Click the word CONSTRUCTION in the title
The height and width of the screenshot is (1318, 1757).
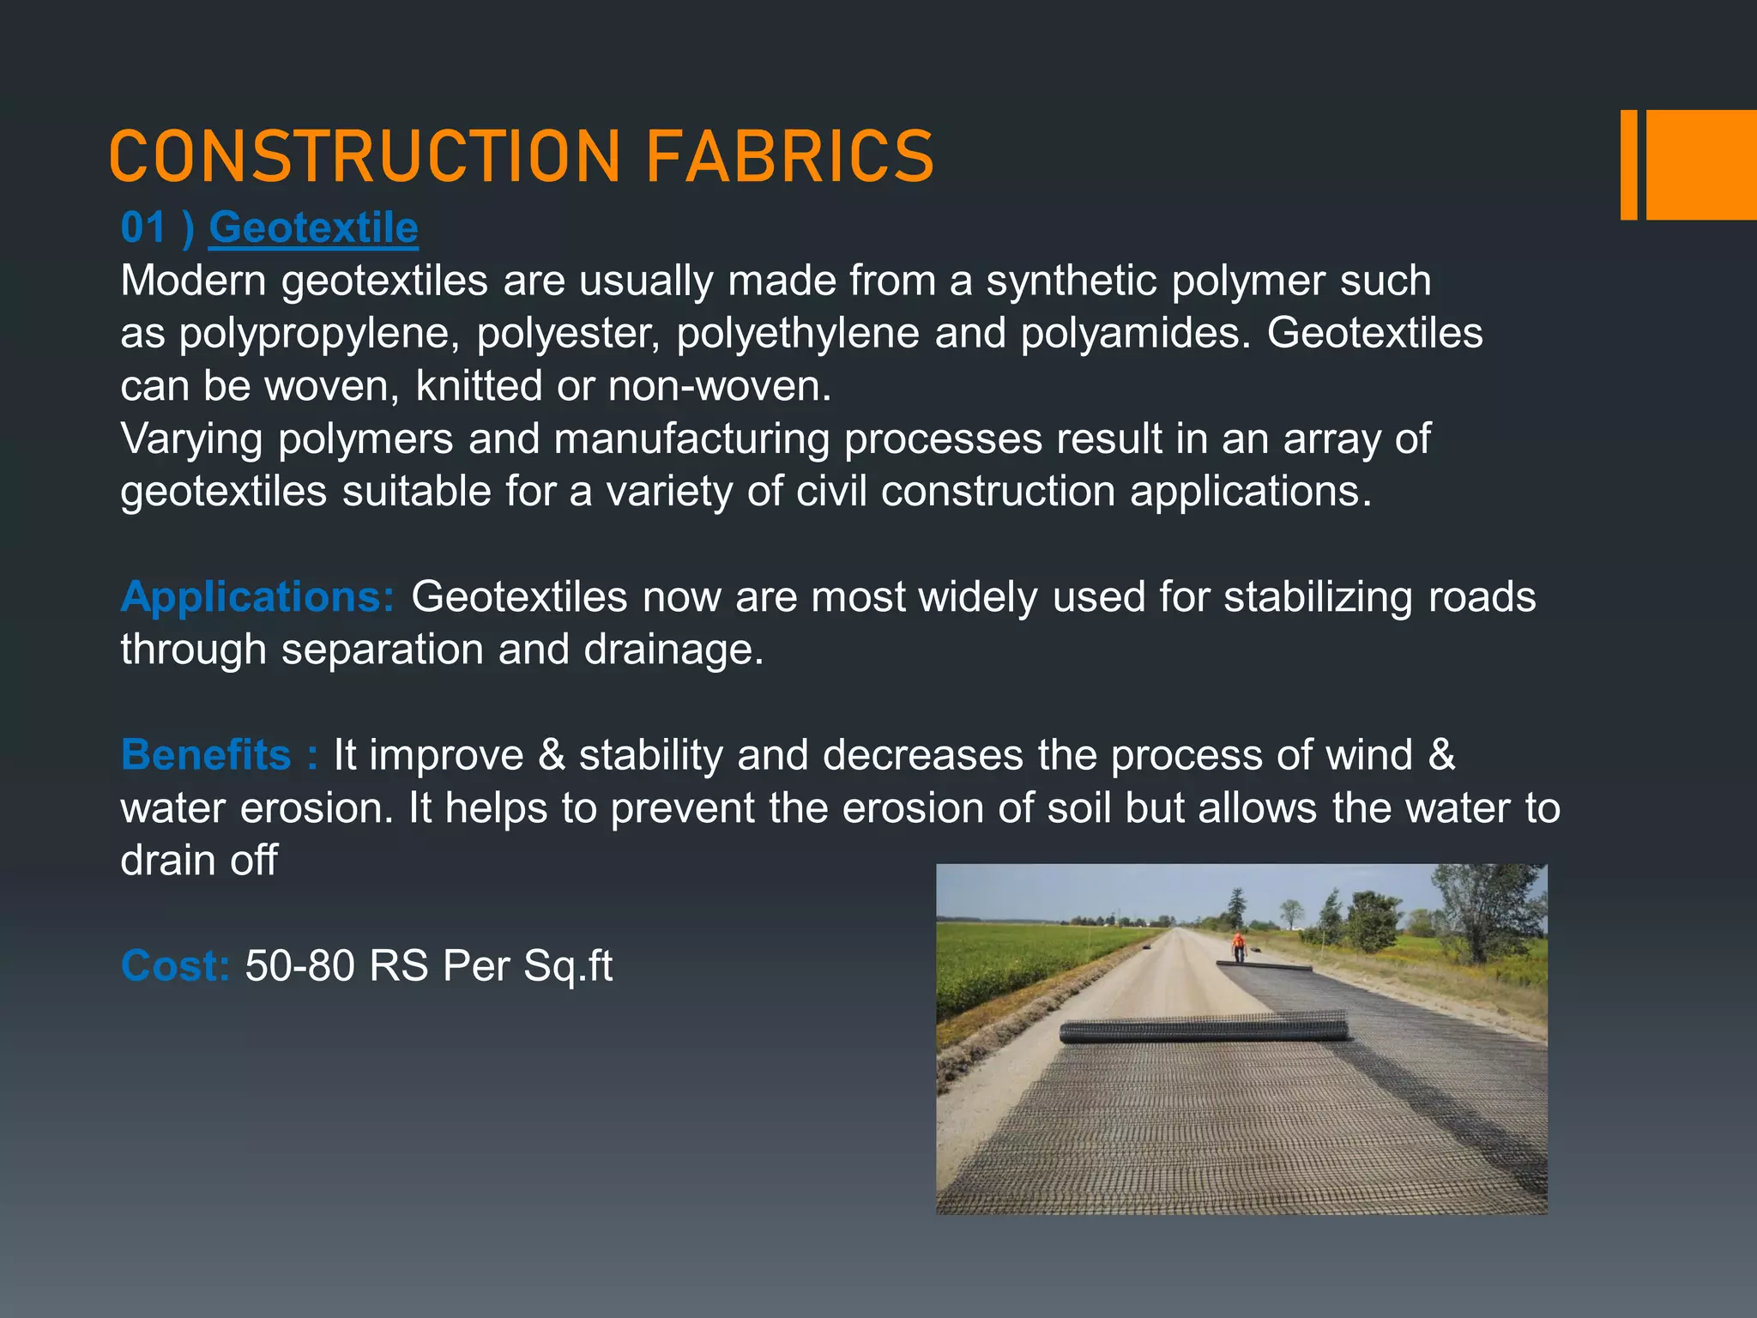pos(365,157)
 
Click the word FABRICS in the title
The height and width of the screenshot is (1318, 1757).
pos(788,157)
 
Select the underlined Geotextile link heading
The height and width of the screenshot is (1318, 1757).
pos(313,228)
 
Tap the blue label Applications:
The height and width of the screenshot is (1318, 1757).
pos(257,596)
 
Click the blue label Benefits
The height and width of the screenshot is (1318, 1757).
pos(206,755)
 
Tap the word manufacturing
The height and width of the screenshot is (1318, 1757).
pos(691,439)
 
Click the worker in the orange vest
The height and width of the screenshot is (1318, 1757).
pos(1238,946)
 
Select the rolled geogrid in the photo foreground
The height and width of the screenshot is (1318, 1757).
pos(1203,1028)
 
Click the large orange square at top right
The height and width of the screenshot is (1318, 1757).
pos(1701,165)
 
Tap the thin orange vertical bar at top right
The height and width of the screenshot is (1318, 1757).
pos(1628,165)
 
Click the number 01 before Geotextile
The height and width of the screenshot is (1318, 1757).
pos(142,228)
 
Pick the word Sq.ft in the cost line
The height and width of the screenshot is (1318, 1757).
pos(568,966)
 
